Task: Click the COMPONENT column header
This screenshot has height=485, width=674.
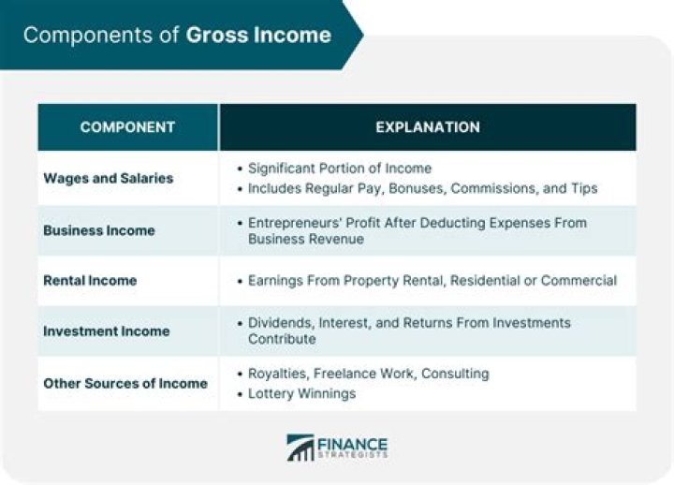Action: coord(127,127)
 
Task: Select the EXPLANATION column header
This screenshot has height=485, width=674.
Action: coord(427,127)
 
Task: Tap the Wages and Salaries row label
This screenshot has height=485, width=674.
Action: coord(108,178)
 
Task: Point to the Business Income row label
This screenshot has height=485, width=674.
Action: coord(99,230)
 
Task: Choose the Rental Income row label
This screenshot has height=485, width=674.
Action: coord(90,280)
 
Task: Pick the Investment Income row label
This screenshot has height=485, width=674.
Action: coord(106,331)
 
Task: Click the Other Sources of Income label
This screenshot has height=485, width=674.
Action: coord(125,383)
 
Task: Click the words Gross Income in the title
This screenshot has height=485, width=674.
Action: coord(258,36)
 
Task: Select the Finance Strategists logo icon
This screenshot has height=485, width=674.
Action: coord(300,448)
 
